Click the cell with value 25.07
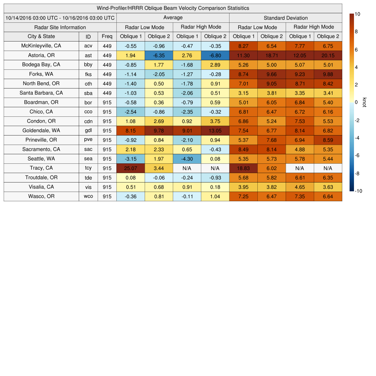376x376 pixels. (x=130, y=168)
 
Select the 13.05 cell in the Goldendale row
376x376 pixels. (x=215, y=130)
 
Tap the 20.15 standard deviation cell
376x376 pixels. (x=328, y=55)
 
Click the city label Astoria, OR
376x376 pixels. (x=41, y=55)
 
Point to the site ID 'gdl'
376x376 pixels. (x=88, y=130)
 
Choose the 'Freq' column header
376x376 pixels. (x=107, y=36)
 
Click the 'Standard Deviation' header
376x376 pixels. (x=286, y=18)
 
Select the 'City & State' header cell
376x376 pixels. (x=41, y=36)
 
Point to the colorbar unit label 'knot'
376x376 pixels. (x=365, y=102)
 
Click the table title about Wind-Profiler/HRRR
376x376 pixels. (x=173, y=8)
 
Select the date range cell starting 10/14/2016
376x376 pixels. (x=60, y=18)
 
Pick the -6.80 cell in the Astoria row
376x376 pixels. (x=215, y=55)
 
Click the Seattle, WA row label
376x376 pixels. (x=41, y=159)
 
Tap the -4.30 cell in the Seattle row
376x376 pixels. (x=187, y=159)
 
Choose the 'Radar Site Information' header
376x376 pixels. (x=60, y=27)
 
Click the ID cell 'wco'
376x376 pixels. (x=88, y=196)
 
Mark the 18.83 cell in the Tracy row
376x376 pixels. (x=243, y=168)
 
